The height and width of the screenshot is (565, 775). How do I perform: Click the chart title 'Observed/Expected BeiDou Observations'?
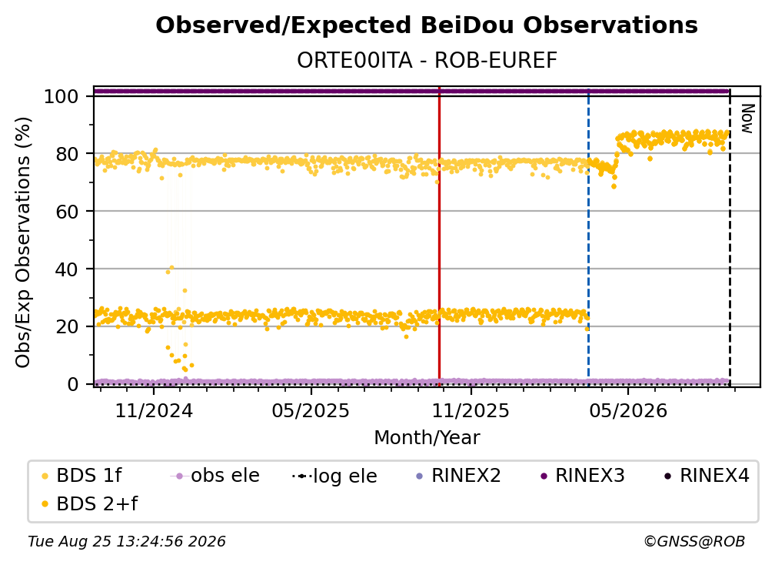point(427,25)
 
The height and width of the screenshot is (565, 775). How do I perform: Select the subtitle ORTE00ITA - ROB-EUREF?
point(427,61)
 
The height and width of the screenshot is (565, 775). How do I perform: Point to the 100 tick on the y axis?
point(61,96)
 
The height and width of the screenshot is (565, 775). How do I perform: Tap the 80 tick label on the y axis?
point(67,155)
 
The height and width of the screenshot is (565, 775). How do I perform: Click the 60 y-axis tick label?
point(67,212)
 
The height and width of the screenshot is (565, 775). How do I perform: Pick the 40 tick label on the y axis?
point(67,269)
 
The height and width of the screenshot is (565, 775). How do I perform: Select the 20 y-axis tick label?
point(67,327)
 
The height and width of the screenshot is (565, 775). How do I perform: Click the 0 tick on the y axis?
point(72,384)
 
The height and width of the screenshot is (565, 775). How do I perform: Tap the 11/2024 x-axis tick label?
point(154,410)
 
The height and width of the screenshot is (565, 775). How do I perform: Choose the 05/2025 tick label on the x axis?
point(311,410)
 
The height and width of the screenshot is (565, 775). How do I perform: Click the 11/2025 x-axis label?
point(471,410)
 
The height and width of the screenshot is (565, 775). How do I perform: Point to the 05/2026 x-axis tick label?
point(628,410)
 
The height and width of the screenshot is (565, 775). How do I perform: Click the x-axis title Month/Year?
point(427,438)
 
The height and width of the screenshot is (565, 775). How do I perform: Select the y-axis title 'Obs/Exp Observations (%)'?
point(23,242)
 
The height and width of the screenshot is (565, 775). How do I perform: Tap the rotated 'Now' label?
point(747,119)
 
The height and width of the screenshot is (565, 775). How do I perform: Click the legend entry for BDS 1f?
point(81,476)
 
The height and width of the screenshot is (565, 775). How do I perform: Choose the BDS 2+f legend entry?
point(89,503)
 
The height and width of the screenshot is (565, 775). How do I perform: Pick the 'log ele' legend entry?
point(334,476)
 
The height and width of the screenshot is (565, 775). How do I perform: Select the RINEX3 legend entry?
point(583,476)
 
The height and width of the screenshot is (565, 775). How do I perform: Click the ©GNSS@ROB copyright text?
point(694,541)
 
